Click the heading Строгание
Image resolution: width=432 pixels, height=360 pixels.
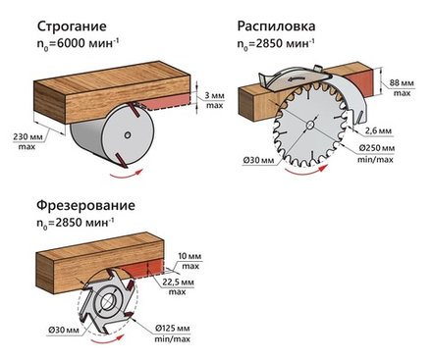click(x=72, y=26)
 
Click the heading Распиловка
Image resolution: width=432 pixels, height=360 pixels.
click(x=276, y=26)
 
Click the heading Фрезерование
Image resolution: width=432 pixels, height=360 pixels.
click(x=85, y=206)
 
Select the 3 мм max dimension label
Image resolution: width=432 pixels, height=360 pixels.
click(x=214, y=100)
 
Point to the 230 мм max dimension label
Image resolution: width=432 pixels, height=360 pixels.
click(x=27, y=141)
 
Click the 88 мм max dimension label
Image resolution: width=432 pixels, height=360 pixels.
click(x=402, y=88)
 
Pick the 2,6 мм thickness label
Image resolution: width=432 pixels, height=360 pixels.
click(x=378, y=130)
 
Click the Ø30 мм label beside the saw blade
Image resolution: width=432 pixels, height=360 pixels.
click(x=259, y=161)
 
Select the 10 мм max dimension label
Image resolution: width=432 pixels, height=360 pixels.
click(x=190, y=261)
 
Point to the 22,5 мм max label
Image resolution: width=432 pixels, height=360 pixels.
click(x=178, y=286)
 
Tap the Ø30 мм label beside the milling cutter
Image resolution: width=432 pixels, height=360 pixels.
click(x=64, y=330)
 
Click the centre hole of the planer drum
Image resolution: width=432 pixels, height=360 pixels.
click(x=128, y=134)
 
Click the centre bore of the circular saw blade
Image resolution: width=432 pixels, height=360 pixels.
click(x=309, y=125)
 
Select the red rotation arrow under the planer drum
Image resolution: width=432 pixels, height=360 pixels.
click(x=127, y=175)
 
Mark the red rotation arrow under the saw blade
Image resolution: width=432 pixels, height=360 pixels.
click(x=306, y=171)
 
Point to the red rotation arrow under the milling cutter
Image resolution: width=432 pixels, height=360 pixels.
click(x=108, y=340)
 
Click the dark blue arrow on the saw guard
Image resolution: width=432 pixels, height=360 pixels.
click(x=297, y=79)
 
